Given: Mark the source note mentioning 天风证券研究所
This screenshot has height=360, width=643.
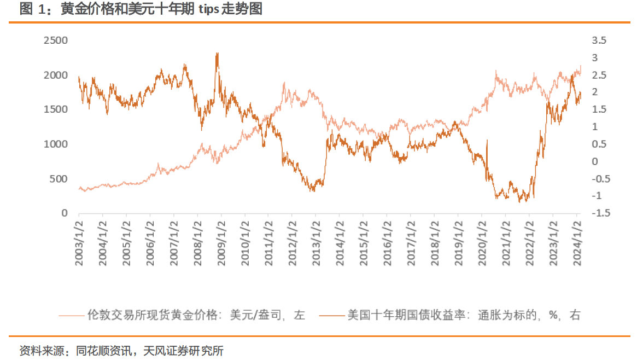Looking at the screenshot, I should click(x=120, y=351).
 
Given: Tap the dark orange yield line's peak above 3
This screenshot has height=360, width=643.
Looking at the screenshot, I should click(x=218, y=54).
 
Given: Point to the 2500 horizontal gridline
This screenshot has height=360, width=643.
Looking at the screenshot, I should click(x=328, y=40).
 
